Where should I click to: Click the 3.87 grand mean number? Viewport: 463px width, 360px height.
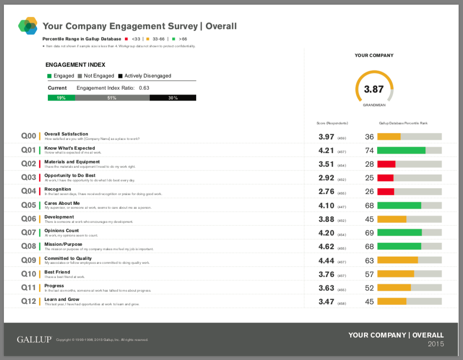[x=374, y=89]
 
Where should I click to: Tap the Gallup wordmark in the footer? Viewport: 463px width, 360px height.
[x=34, y=340]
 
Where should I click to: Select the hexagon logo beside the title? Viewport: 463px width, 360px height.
[x=28, y=25]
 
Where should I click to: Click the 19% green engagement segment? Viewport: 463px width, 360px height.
[x=61, y=98]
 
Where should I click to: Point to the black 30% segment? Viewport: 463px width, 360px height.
[x=173, y=98]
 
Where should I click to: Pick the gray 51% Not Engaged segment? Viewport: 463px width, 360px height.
[x=112, y=98]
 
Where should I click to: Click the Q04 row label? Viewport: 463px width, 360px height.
[x=29, y=191]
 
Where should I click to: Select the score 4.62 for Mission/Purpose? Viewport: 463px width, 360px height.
[x=326, y=246]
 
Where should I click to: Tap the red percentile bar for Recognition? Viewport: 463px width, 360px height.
[x=385, y=192]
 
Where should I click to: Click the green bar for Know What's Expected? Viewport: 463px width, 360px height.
[x=401, y=151]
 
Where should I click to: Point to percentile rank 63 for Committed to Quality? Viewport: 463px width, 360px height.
[x=369, y=260]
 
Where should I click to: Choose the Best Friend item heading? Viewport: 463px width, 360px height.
[x=57, y=272]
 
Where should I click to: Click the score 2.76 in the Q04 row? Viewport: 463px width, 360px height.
[x=326, y=192]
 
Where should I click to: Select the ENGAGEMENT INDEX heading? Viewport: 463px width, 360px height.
[x=75, y=64]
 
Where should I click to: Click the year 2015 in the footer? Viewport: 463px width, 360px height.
[x=436, y=344]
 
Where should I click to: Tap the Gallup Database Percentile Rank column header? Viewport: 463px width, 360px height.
[x=403, y=123]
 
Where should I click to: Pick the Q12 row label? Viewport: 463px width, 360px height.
[x=29, y=301]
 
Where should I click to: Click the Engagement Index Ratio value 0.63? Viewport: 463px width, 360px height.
[x=144, y=88]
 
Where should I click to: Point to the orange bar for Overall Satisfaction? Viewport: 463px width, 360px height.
[x=389, y=137]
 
